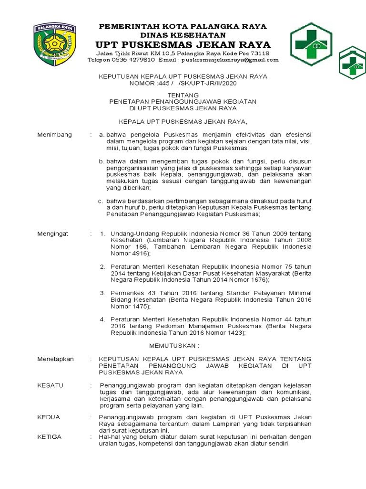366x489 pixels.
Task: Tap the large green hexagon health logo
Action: (312, 44)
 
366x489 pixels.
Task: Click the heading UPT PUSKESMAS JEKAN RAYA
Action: (183, 45)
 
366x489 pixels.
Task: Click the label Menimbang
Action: (55, 135)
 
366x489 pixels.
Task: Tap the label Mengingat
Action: (53, 234)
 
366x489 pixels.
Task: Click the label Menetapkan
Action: (56, 359)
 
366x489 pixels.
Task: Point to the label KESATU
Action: (50, 385)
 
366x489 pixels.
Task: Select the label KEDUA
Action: (49, 417)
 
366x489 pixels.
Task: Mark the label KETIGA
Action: (50, 437)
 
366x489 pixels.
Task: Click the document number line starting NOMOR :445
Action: (183, 83)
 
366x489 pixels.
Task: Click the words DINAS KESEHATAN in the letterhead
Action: (183, 35)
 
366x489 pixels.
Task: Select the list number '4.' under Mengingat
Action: (102, 319)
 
